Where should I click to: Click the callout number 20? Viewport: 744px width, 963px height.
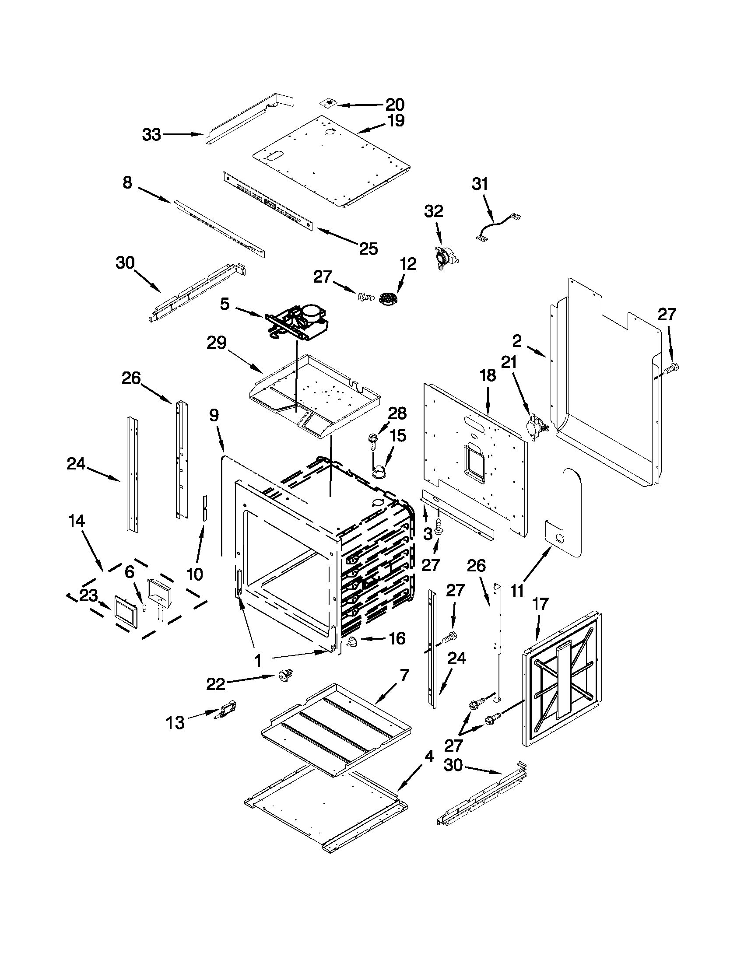point(395,105)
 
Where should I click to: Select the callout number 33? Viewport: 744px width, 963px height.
point(151,134)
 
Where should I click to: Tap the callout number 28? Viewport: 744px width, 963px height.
point(397,413)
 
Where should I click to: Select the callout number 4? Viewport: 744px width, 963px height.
point(428,756)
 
